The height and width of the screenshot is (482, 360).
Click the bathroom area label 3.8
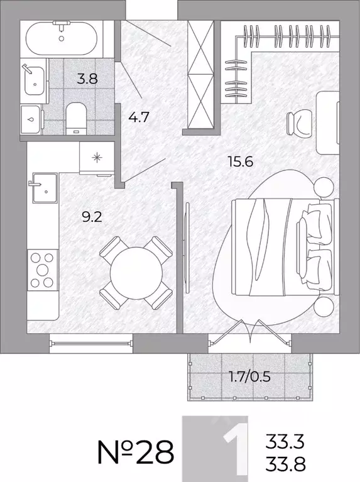pyautogui.click(x=87, y=79)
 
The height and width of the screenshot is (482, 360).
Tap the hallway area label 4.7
pyautogui.click(x=139, y=117)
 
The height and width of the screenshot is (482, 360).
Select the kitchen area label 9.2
pyautogui.click(x=92, y=217)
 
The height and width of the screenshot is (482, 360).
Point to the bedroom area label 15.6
pyautogui.click(x=241, y=162)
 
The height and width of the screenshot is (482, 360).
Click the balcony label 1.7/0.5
pyautogui.click(x=250, y=376)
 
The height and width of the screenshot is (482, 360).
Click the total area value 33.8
pyautogui.click(x=285, y=464)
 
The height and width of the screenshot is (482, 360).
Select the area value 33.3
pyautogui.click(x=285, y=441)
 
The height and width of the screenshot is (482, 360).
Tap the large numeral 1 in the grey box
pyautogui.click(x=236, y=449)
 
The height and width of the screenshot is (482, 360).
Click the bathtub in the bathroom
pyautogui.click(x=62, y=38)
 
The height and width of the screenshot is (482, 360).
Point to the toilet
pyautogui.click(x=75, y=119)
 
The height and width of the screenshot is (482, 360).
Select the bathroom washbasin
pyautogui.click(x=33, y=80)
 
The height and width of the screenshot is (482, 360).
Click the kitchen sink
pyautogui.click(x=45, y=188)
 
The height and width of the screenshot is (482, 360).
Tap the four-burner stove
pyautogui.click(x=43, y=270)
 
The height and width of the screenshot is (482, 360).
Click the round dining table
pyautogui.click(x=136, y=273)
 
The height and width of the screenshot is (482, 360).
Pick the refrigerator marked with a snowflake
pyautogui.click(x=97, y=158)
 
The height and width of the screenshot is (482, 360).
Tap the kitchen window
pyautogui.click(x=91, y=343)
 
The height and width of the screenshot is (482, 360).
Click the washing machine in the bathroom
pyautogui.click(x=31, y=119)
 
